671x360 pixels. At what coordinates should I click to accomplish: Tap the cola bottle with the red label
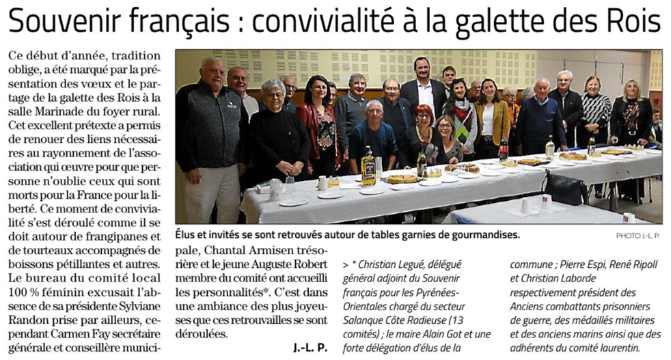click(x=504, y=148)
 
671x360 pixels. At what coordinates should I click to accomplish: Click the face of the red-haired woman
click(x=424, y=115)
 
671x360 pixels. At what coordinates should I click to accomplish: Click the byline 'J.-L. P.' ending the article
click(x=311, y=347)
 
